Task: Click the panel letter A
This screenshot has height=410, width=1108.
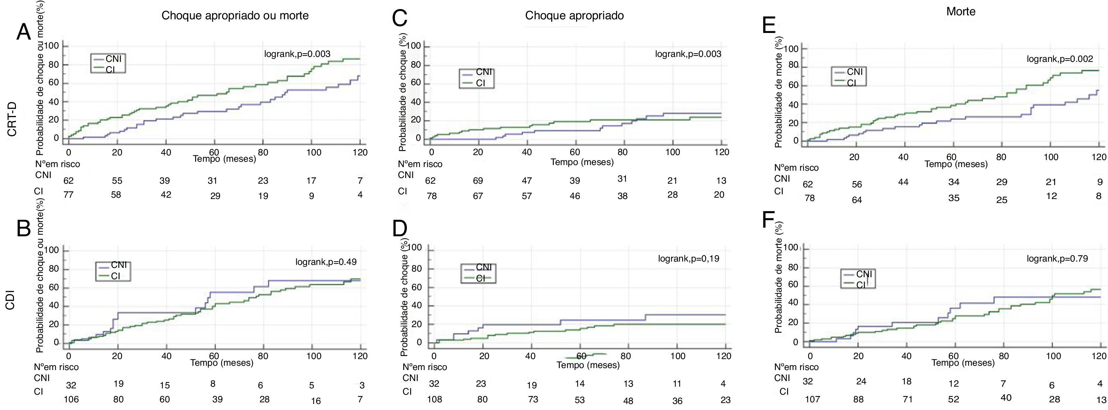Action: tap(24, 32)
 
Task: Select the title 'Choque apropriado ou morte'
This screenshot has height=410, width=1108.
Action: tap(235, 16)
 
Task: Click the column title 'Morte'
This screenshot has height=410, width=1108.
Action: tap(960, 12)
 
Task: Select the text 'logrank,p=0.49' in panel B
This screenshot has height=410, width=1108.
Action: tap(325, 262)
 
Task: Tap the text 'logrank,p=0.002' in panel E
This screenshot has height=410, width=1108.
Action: tap(1059, 59)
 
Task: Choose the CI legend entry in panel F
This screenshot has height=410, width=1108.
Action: tap(859, 285)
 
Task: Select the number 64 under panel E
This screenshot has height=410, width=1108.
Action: tap(857, 200)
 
